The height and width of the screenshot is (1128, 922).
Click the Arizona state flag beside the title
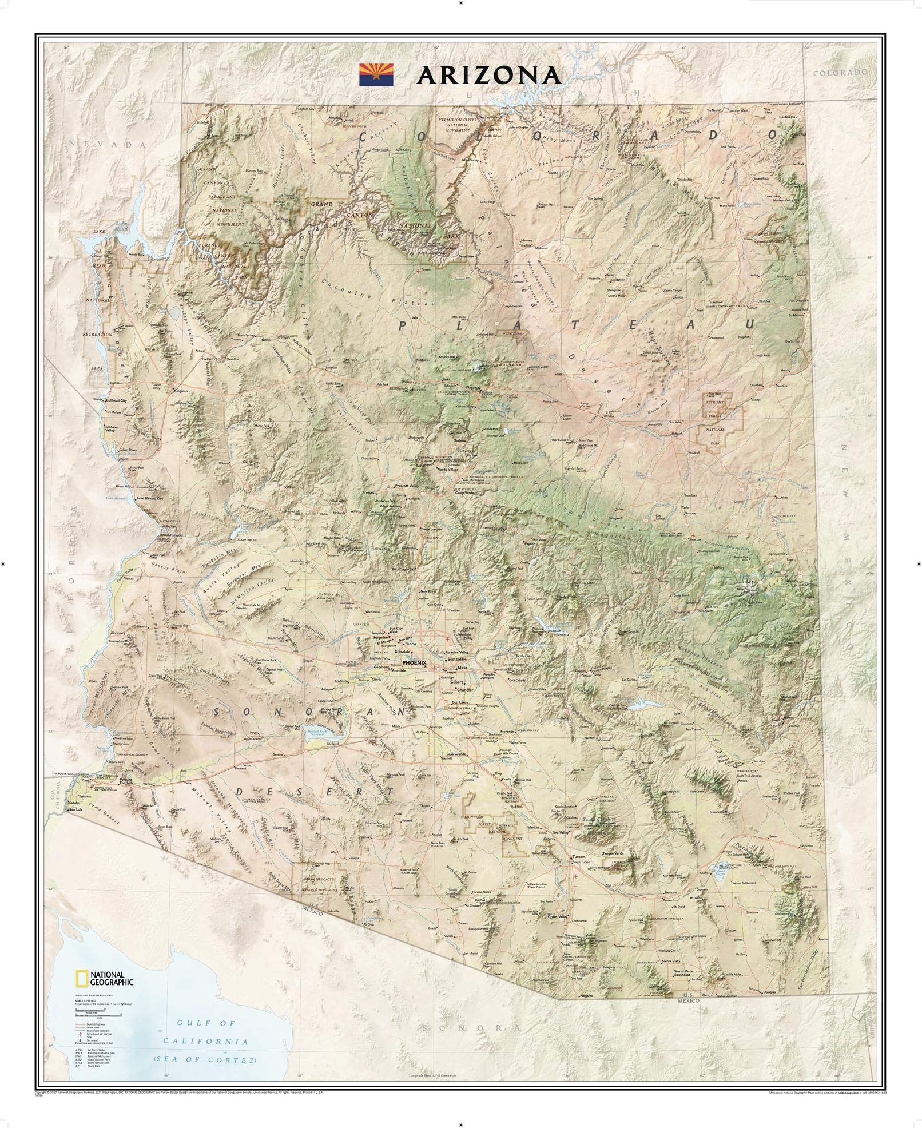click(375, 76)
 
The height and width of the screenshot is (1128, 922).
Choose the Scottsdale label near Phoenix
click(457, 659)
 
